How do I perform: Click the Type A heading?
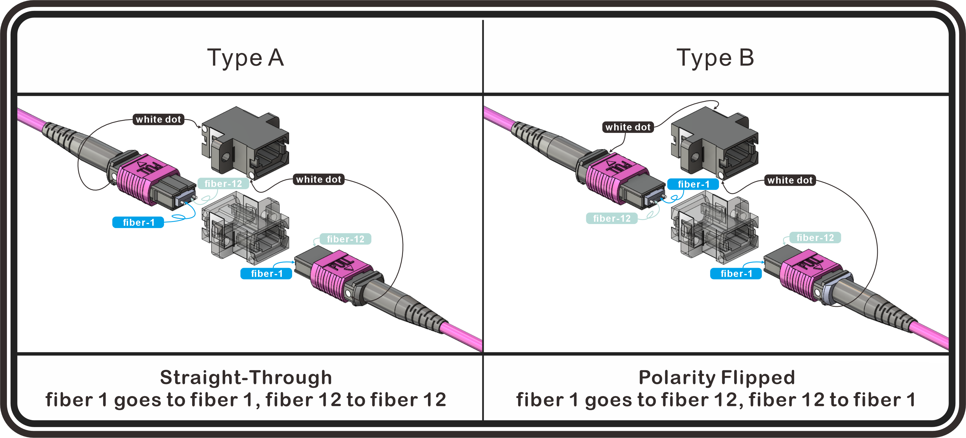tap(246, 58)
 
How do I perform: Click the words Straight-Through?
tap(246, 377)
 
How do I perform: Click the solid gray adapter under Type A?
tap(246, 142)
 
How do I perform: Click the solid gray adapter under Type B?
tap(714, 142)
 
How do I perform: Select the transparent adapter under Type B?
tap(714, 227)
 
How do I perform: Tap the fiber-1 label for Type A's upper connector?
tap(138, 222)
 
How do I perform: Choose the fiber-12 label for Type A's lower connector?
tap(345, 239)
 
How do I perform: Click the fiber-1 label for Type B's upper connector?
tap(693, 184)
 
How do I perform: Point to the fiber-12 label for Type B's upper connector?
tap(612, 218)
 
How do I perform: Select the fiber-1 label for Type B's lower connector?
tap(736, 273)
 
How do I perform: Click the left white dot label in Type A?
tap(158, 119)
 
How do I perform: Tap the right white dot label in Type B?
tap(790, 180)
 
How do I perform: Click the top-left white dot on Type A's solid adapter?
tap(205, 129)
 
